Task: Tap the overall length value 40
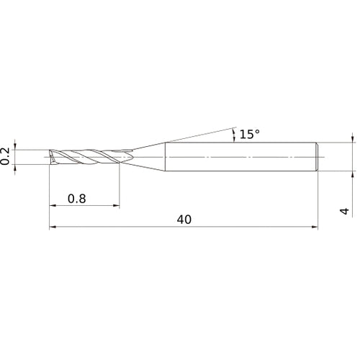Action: point(184,220)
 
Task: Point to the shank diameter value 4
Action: point(345,211)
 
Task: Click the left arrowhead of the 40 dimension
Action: point(53,228)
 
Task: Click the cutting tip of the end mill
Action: point(51,156)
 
